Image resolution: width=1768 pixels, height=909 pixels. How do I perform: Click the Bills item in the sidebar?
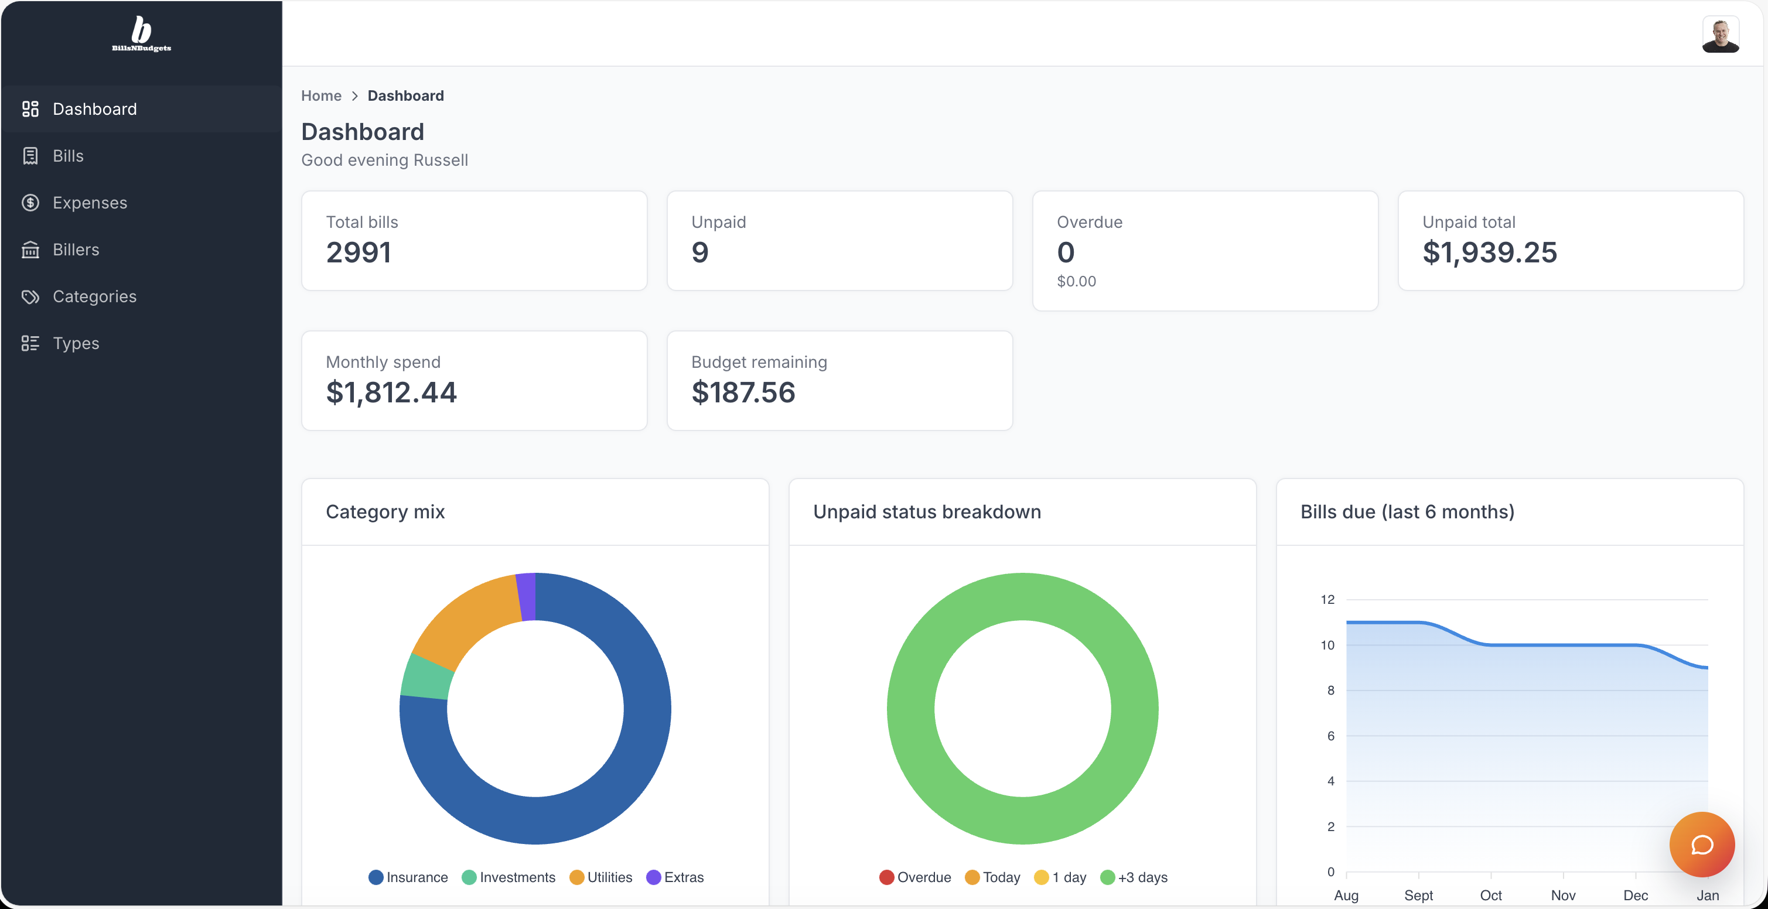tap(68, 156)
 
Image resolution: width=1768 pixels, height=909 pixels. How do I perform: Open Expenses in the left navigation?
tap(89, 203)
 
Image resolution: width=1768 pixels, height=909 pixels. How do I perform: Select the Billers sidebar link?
tap(76, 249)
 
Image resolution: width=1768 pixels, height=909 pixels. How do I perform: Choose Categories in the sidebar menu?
tap(94, 296)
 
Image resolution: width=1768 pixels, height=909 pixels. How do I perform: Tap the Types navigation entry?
tap(76, 343)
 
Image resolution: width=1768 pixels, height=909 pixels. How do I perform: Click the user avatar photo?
tap(1720, 35)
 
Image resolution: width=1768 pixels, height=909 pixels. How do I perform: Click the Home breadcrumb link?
tap(321, 95)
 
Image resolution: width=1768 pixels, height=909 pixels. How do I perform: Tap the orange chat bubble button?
tap(1701, 844)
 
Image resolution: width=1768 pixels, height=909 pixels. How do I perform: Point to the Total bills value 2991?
tap(359, 252)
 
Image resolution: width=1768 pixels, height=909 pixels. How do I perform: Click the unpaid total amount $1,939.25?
tap(1489, 252)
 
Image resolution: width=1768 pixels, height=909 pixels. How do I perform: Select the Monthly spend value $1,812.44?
tap(391, 392)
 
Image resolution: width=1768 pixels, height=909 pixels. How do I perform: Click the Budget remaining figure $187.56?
tap(743, 392)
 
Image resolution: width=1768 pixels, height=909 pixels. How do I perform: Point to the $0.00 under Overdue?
tap(1076, 281)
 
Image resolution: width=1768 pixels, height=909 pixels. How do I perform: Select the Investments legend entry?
tap(508, 877)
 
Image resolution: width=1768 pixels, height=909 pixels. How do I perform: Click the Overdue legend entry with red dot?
tap(915, 877)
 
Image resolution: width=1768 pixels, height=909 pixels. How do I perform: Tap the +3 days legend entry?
tap(1133, 877)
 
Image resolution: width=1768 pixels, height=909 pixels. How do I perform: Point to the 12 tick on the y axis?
tap(1327, 600)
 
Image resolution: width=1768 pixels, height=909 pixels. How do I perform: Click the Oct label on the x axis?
tap(1491, 896)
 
